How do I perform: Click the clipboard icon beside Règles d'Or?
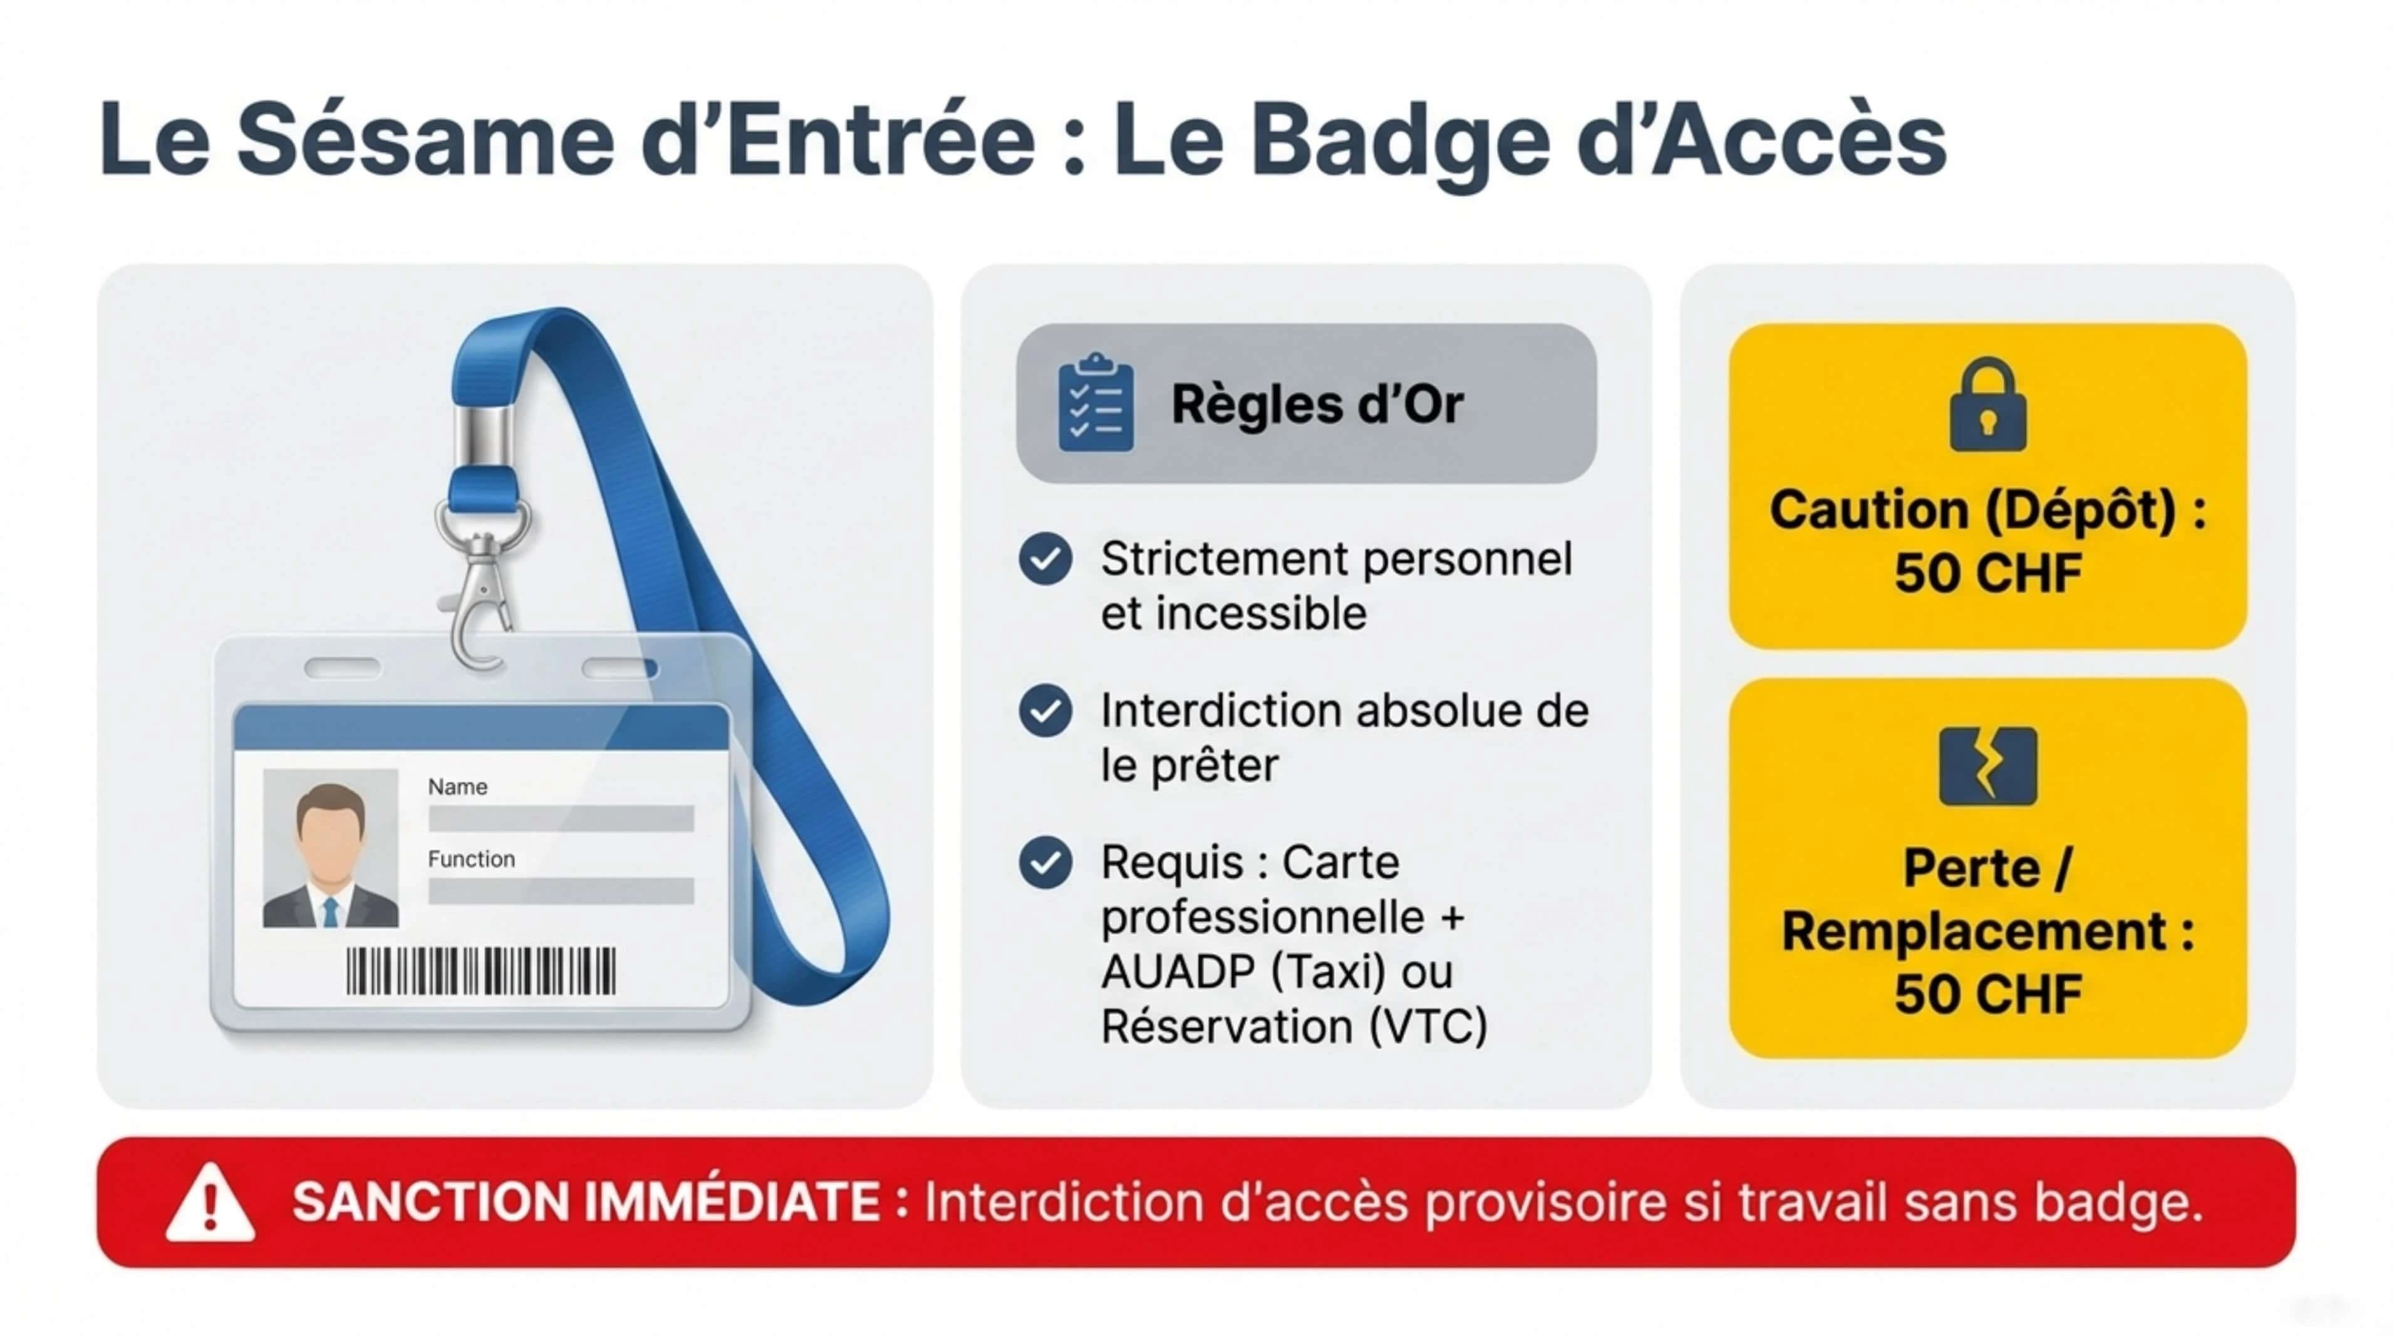click(x=1096, y=403)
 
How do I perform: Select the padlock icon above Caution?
click(x=1987, y=406)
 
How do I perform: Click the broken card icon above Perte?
click(x=1987, y=767)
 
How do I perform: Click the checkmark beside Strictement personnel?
click(x=1045, y=558)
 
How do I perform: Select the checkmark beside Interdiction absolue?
click(x=1045, y=711)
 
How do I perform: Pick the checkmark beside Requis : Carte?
click(x=1045, y=862)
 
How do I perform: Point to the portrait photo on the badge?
click(x=330, y=848)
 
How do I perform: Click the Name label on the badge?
click(x=457, y=787)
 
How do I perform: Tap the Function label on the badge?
click(x=471, y=859)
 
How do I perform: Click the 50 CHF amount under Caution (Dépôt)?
click(x=1987, y=572)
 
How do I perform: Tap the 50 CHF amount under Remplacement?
click(x=1987, y=994)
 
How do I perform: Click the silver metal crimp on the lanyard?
click(x=482, y=437)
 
